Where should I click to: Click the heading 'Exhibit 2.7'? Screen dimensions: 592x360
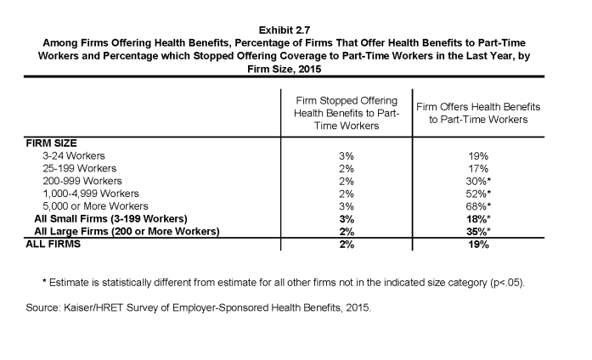click(285, 31)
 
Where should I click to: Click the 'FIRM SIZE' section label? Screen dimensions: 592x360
click(51, 143)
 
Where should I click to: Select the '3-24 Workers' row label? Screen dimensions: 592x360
click(74, 156)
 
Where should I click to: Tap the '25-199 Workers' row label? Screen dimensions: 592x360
click(79, 168)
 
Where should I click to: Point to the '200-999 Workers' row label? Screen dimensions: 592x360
click(82, 181)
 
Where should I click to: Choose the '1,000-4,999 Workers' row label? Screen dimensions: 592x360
click(91, 194)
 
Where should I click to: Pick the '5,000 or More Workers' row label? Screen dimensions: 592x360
click(95, 206)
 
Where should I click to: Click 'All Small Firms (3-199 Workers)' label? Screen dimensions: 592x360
click(110, 219)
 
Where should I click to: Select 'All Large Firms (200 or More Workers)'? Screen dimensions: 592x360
click(127, 231)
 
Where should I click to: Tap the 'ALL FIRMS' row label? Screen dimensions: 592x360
click(54, 245)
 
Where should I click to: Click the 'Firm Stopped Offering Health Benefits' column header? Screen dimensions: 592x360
click(347, 113)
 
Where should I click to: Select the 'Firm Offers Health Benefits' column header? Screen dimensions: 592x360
click(478, 113)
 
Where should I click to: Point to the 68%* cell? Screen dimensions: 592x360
click(478, 206)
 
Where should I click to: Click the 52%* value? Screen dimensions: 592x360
click(478, 194)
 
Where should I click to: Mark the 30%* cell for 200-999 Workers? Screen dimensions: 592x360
click(478, 181)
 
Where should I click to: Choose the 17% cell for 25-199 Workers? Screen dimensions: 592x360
click(478, 168)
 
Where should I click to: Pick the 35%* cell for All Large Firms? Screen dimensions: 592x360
click(478, 231)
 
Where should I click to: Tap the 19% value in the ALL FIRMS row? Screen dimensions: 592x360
click(478, 245)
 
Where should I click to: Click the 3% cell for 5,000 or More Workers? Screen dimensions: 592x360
click(347, 206)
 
